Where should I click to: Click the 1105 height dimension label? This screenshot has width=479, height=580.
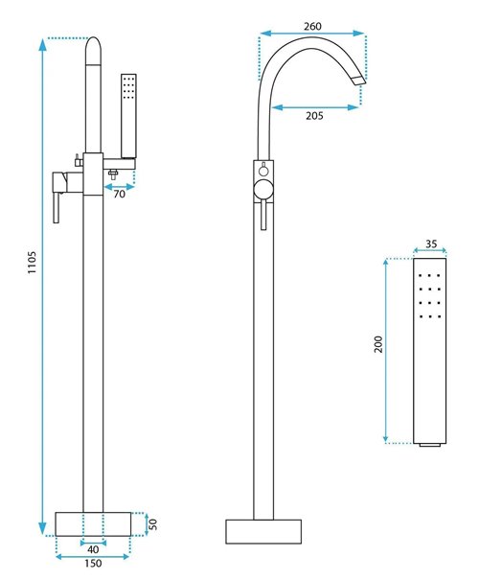coord(33,263)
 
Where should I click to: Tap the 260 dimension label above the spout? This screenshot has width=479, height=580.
coord(312,26)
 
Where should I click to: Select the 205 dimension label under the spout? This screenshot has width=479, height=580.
coord(314,116)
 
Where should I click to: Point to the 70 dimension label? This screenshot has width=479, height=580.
coord(119,194)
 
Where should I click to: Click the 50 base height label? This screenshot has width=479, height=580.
coord(152,523)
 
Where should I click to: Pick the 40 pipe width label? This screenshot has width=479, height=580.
coord(93,549)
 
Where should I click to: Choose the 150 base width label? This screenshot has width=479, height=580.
coord(93,564)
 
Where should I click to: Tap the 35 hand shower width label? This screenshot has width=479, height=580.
coord(431,244)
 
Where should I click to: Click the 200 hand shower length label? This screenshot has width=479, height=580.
coord(378,344)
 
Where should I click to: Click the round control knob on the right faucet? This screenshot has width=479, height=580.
coord(263,190)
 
